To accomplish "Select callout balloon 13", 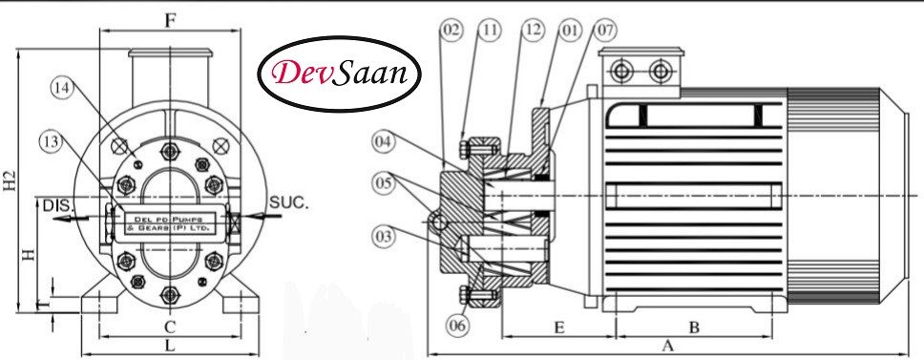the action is [x=52, y=141].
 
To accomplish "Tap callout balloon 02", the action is [x=451, y=31].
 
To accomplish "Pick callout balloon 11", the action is [x=490, y=31].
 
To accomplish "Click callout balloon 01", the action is [x=572, y=31].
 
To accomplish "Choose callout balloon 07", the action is [x=606, y=31].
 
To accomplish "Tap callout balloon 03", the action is [x=384, y=232].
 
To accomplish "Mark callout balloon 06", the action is [x=458, y=325].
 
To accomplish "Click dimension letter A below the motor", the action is [x=667, y=346].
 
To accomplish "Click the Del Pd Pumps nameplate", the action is [x=170, y=224].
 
